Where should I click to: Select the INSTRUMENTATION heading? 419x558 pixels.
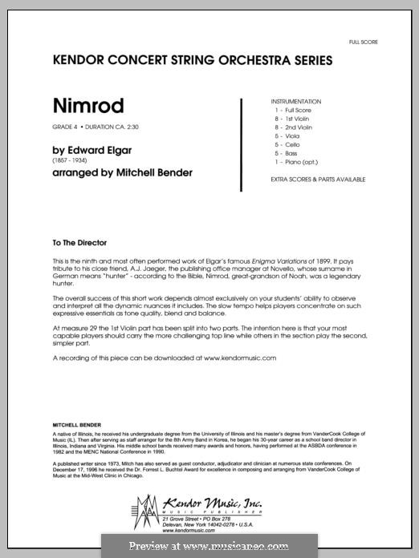point(297,102)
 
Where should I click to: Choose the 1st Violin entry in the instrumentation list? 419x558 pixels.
point(298,119)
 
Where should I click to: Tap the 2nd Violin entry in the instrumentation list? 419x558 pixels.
point(299,127)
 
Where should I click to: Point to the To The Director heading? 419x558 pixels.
point(78,242)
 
